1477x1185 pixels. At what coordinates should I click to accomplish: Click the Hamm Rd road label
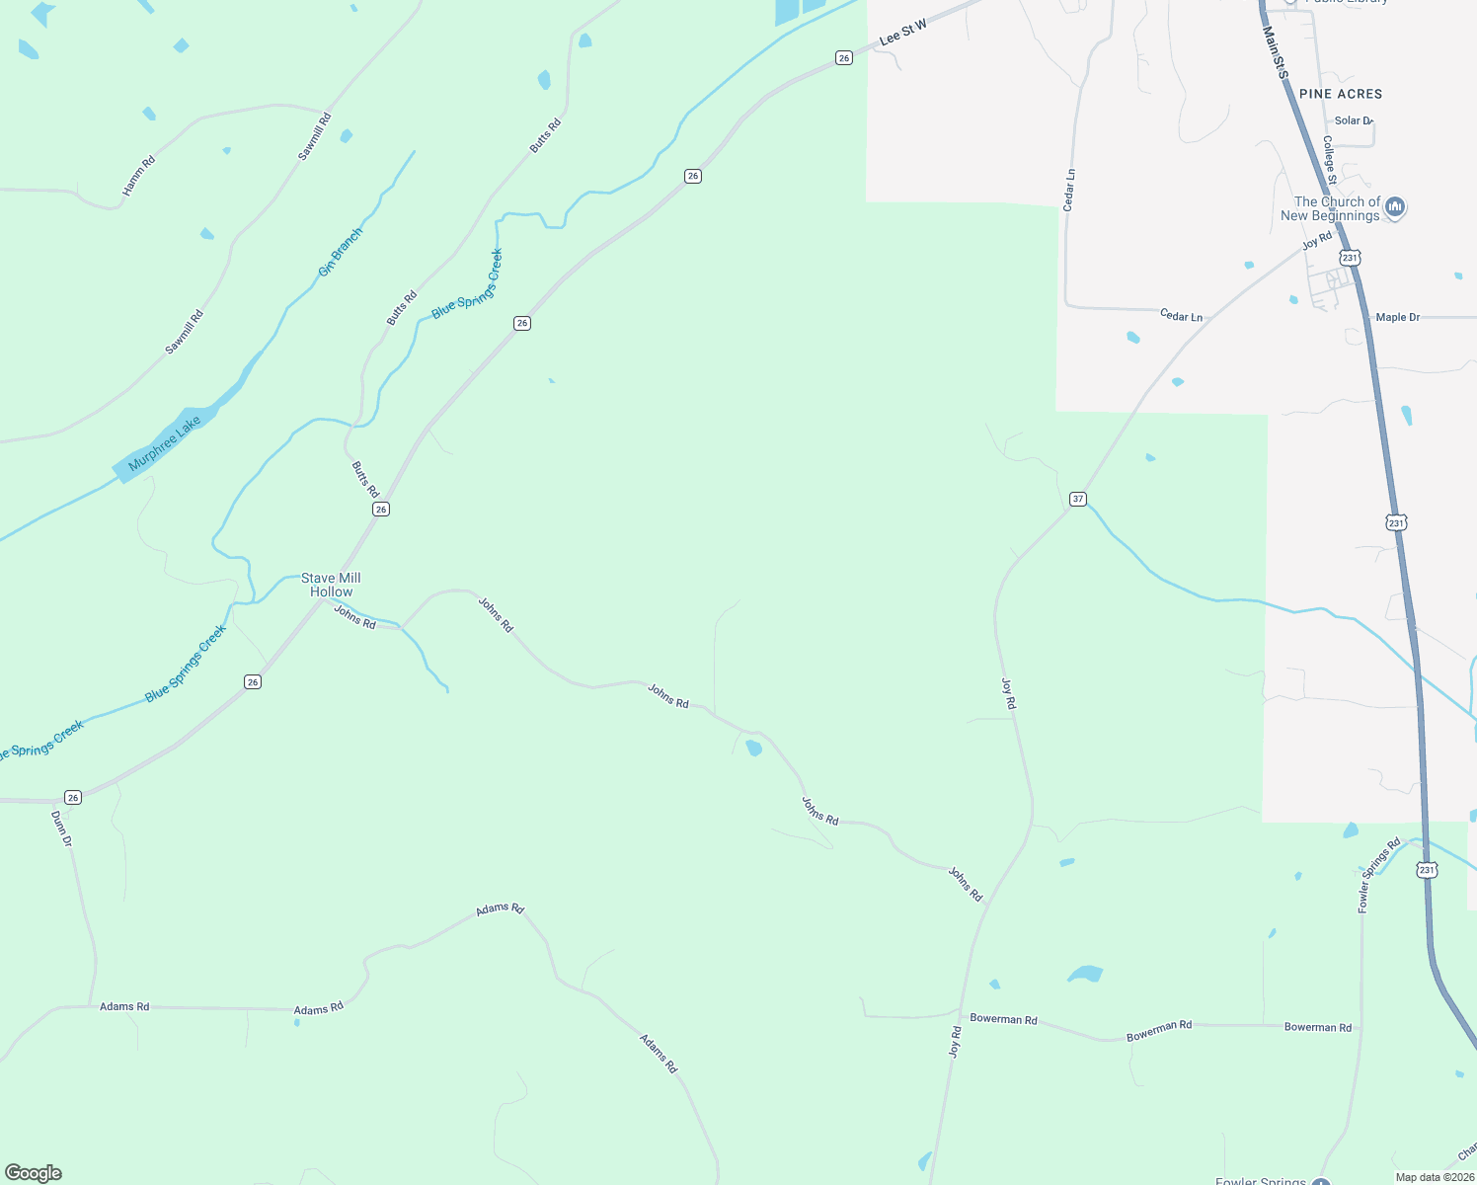point(139,175)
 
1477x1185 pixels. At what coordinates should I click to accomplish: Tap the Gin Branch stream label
point(341,251)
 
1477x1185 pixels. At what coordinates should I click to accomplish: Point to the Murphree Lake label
point(164,443)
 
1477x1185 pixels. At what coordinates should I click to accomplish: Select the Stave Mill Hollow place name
point(331,585)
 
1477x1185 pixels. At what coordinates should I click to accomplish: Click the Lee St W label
point(902,32)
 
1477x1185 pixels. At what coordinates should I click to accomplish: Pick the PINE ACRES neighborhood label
point(1341,94)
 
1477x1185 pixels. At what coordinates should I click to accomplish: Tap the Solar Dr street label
point(1353,120)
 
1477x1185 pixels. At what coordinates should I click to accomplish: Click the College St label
point(1330,160)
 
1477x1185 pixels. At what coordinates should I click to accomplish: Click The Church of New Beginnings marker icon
point(1395,206)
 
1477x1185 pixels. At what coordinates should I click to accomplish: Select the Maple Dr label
point(1397,317)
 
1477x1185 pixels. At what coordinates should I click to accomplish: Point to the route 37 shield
point(1078,499)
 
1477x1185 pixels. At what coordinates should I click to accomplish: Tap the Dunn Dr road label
point(61,829)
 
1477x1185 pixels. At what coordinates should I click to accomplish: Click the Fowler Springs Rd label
point(1378,875)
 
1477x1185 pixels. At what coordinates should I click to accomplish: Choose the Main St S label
point(1276,51)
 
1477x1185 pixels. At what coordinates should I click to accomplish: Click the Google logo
point(34,1173)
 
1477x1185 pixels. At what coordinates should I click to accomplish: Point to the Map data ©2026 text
point(1433,1177)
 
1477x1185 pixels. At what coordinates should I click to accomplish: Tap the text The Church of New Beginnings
point(1331,208)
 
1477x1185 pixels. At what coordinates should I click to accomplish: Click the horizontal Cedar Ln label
point(1181,316)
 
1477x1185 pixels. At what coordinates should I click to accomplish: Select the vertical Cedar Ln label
point(1069,190)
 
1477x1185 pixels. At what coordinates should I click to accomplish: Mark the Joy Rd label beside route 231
point(1317,241)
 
